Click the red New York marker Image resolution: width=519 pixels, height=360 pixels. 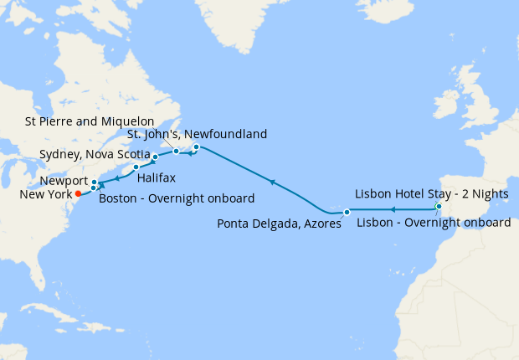click(x=78, y=193)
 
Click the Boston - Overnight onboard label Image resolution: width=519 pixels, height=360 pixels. click(x=177, y=198)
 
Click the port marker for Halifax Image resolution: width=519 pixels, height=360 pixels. click(x=136, y=167)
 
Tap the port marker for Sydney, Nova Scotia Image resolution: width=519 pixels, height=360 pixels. click(x=155, y=157)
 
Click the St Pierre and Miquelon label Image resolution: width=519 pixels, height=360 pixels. click(x=90, y=121)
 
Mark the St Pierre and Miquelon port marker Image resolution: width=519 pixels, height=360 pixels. click(x=177, y=152)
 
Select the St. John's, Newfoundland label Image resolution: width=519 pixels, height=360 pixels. click(x=197, y=134)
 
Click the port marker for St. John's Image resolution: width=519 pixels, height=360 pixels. click(x=196, y=147)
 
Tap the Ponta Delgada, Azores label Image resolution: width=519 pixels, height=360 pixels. click(x=279, y=224)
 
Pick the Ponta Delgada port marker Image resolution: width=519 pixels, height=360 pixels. click(x=347, y=211)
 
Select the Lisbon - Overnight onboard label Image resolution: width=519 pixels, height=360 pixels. click(x=434, y=223)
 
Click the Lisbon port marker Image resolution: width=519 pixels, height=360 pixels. click(x=439, y=206)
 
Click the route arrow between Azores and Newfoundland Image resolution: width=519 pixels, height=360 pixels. click(x=271, y=180)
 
